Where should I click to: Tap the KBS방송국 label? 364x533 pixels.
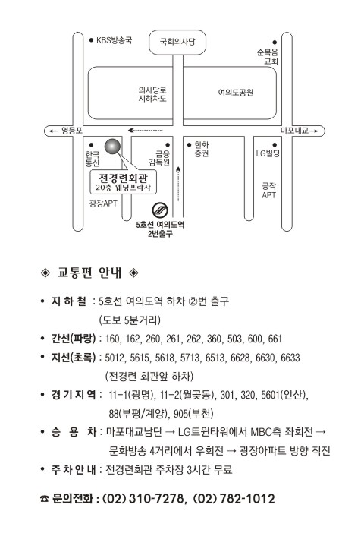pyautogui.click(x=114, y=40)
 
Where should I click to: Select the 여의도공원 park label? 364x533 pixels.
pyautogui.click(x=236, y=93)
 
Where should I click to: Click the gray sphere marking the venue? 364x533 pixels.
pyautogui.click(x=113, y=147)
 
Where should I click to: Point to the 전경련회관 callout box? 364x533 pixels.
pyautogui.click(x=124, y=182)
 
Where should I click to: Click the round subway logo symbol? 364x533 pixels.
pyautogui.click(x=160, y=210)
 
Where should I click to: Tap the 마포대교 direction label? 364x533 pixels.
pyautogui.click(x=294, y=131)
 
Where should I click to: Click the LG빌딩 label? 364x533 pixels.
pyautogui.click(x=268, y=153)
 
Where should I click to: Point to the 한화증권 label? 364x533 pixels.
pyautogui.click(x=202, y=150)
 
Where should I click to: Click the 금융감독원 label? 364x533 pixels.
pyautogui.click(x=159, y=158)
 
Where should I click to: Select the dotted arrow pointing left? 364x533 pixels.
pyautogui.click(x=146, y=130)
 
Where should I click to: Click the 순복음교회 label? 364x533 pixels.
pyautogui.click(x=268, y=57)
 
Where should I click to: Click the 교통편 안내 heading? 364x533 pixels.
pyautogui.click(x=89, y=273)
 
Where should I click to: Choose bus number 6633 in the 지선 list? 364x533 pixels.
pyautogui.click(x=290, y=358)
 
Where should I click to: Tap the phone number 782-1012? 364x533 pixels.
pyautogui.click(x=247, y=499)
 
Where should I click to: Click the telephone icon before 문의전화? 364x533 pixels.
pyautogui.click(x=45, y=499)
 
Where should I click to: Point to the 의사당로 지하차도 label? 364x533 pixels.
pyautogui.click(x=152, y=94)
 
